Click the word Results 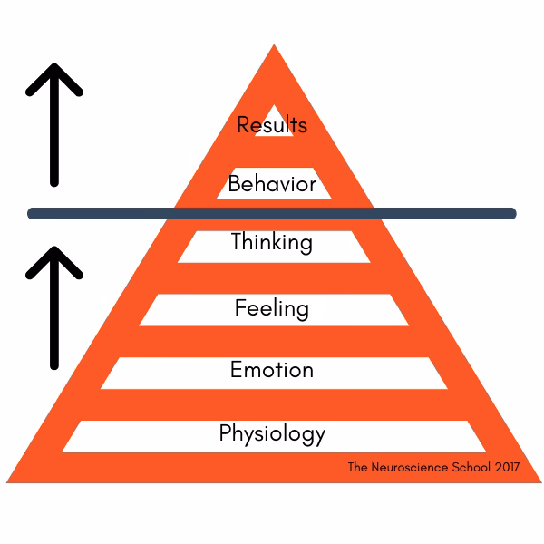tap(272, 124)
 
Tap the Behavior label tap(272, 183)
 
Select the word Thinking tap(272, 242)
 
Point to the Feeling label tap(272, 308)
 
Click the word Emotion tap(272, 370)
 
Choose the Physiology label tap(272, 433)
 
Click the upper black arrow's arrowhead tap(54, 79)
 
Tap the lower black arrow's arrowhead tap(54, 262)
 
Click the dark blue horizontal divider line tap(272, 213)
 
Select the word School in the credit tap(471, 467)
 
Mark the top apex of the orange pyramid tap(274, 44)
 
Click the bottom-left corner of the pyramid tap(6, 482)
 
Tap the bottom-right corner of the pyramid tap(541, 482)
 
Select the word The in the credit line tap(357, 467)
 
